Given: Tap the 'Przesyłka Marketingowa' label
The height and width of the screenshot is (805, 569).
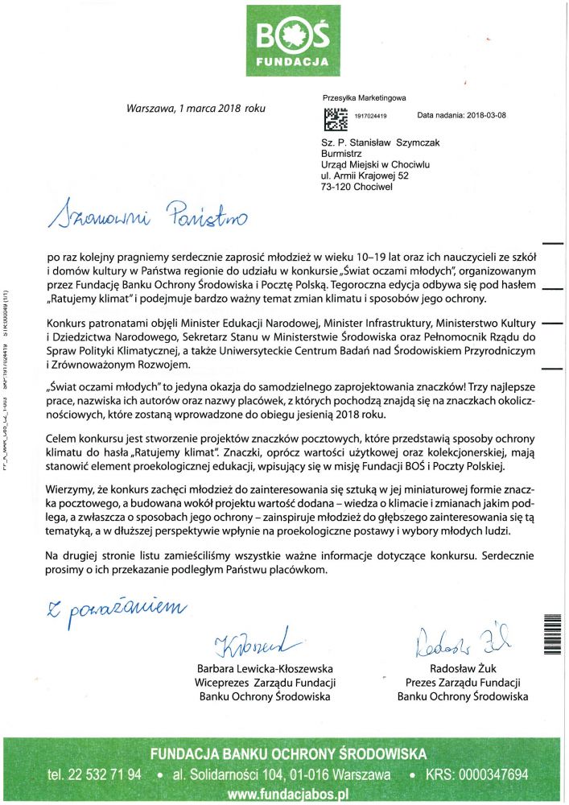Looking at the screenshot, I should (x=363, y=97).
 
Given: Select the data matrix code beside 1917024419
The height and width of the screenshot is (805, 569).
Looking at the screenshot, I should (x=335, y=118).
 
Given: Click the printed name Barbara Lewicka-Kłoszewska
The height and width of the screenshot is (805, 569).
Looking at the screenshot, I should (x=265, y=669).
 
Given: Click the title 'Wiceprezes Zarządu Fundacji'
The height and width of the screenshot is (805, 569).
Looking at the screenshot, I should (x=265, y=683).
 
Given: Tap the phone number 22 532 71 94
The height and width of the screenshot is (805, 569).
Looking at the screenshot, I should (x=95, y=774).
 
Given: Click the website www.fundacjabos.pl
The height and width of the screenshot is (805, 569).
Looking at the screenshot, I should (x=287, y=794).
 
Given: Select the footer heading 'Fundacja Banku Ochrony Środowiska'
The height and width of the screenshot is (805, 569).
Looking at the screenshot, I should (x=287, y=754).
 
